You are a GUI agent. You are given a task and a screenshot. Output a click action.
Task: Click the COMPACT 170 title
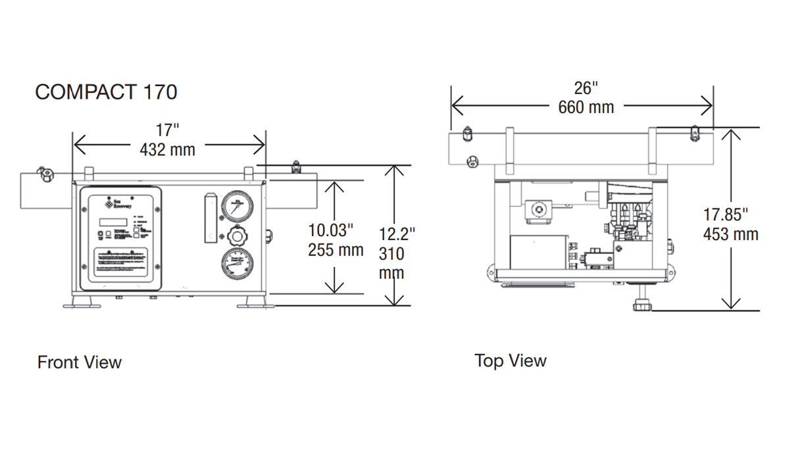click(106, 92)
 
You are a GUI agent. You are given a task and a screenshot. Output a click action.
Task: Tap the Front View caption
click(80, 362)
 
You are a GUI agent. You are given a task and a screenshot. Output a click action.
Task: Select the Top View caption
click(511, 361)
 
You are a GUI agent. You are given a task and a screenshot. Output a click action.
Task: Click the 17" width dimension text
click(168, 130)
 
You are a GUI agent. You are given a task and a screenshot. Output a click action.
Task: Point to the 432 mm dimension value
click(168, 150)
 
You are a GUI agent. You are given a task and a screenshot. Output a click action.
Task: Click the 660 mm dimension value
click(586, 107)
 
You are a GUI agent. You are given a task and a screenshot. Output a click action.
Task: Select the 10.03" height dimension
click(331, 230)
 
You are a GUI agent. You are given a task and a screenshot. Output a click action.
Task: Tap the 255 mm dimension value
click(336, 250)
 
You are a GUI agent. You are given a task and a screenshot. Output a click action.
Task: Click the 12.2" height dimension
click(397, 234)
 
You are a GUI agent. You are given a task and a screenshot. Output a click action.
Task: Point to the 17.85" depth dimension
click(726, 214)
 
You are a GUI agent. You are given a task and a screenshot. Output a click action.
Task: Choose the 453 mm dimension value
click(730, 234)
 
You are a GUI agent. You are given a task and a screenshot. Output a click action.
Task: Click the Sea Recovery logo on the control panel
click(119, 202)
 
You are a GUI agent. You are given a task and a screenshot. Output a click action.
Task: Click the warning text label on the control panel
click(121, 262)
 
